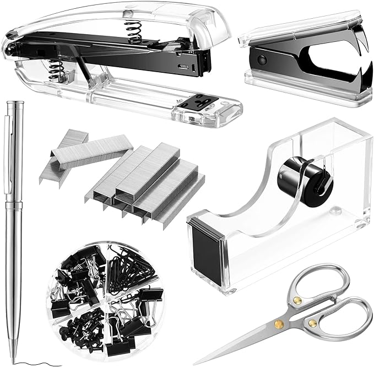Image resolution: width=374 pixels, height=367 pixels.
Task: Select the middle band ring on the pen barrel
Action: point(13,204)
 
